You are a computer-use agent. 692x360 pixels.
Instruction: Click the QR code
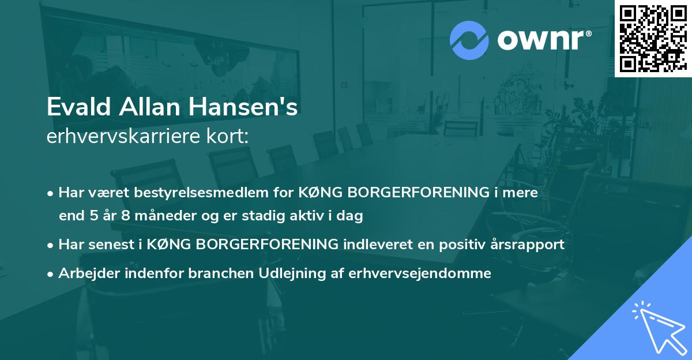652,38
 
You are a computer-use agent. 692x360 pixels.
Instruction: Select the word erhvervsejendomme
420,273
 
